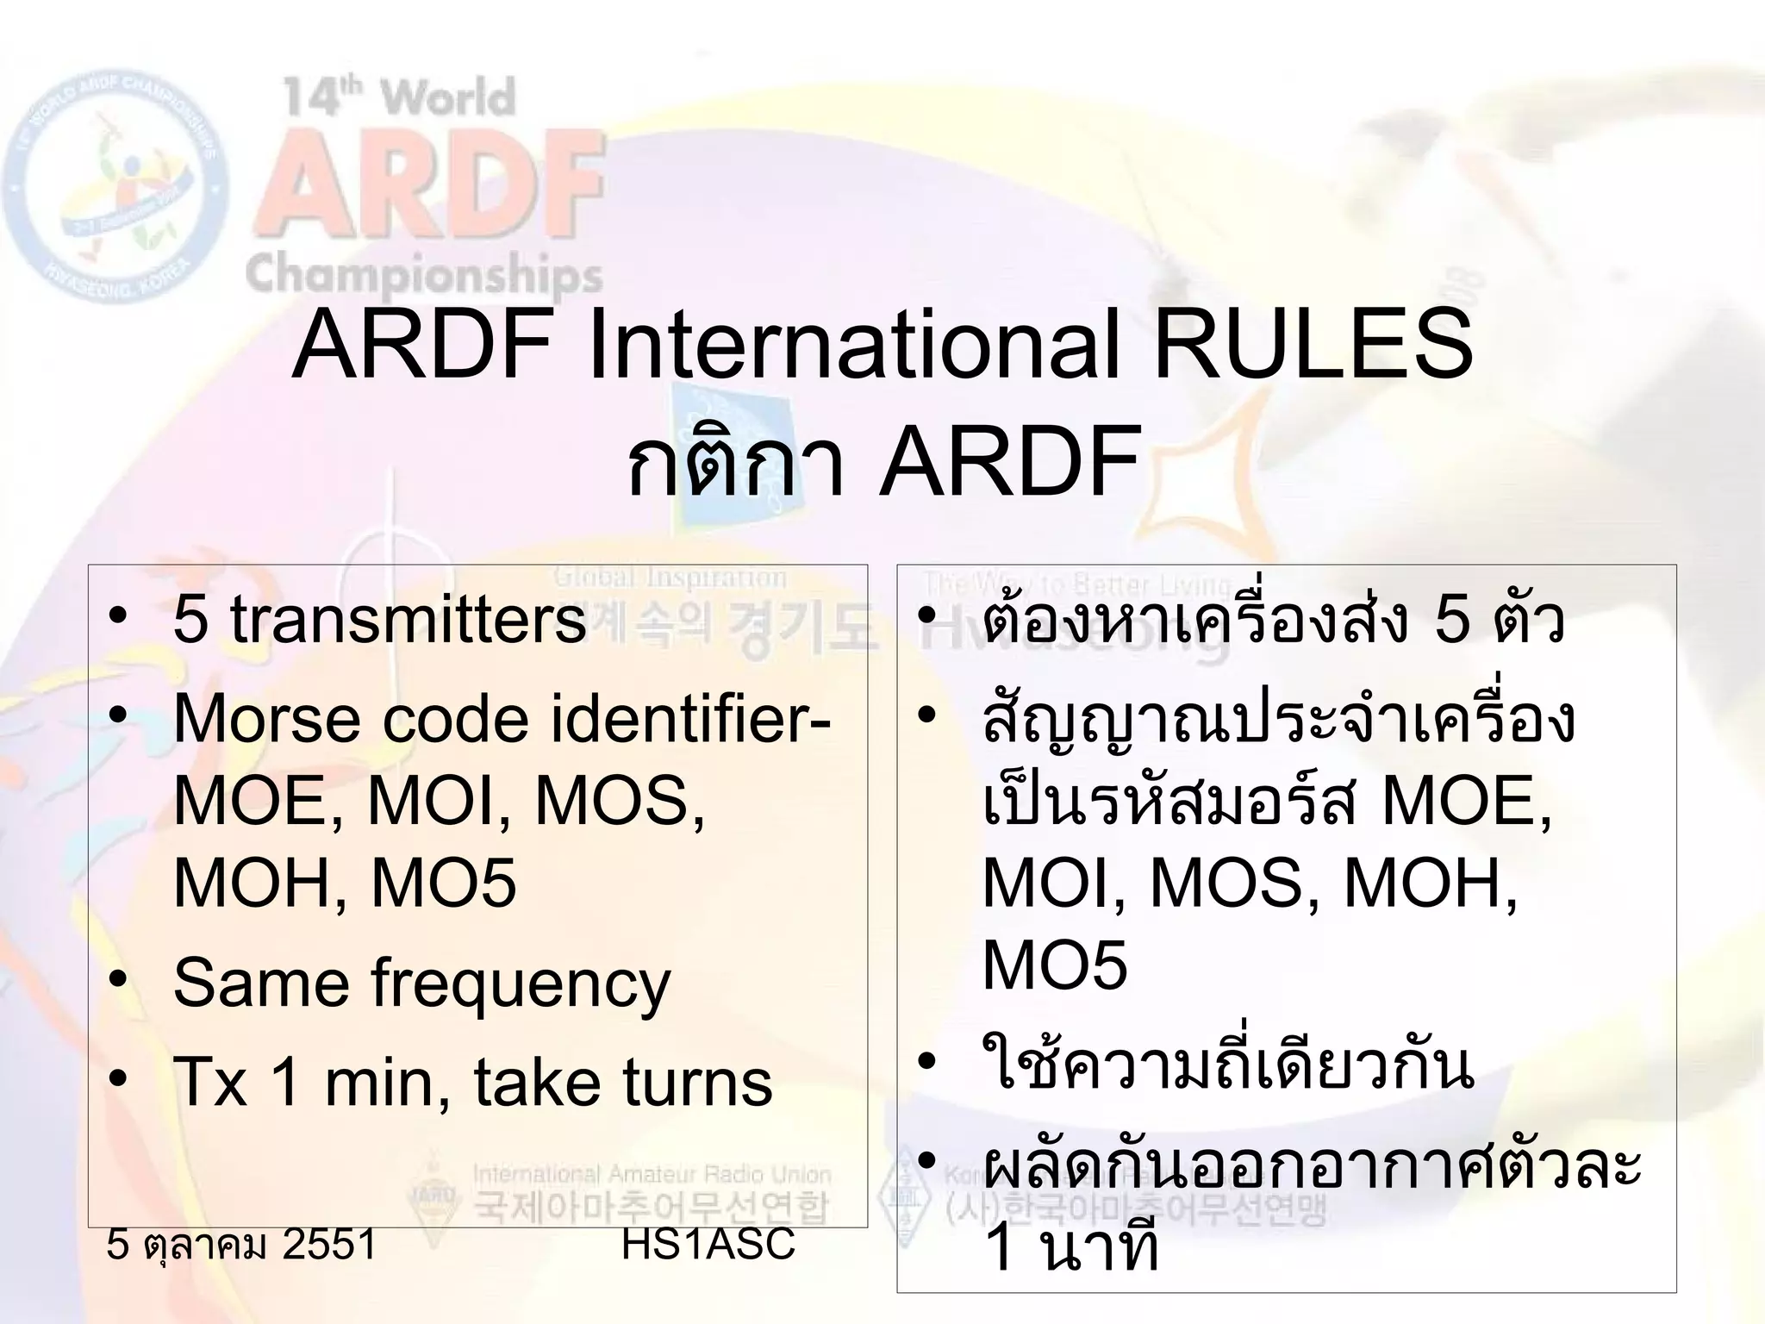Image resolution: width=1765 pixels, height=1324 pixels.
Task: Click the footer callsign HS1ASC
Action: tap(708, 1244)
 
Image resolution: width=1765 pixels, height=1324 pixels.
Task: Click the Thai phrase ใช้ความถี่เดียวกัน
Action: tap(1227, 1067)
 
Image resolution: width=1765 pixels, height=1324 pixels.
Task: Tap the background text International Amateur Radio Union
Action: tap(652, 1174)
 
